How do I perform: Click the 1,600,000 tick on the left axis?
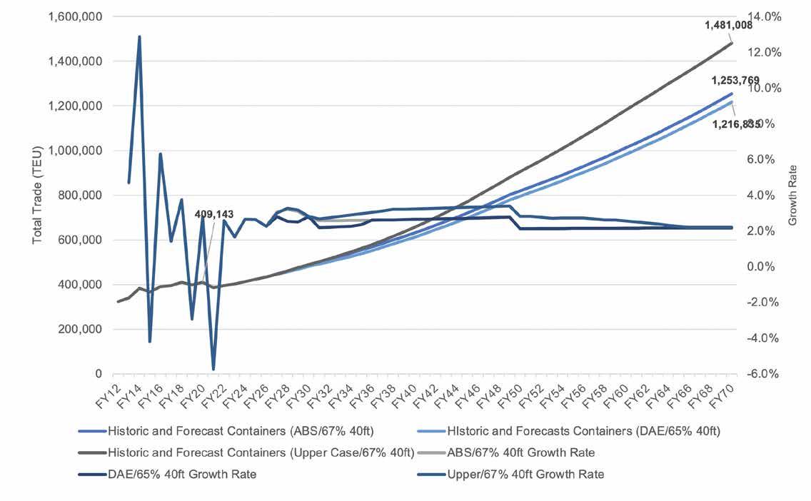[74, 16]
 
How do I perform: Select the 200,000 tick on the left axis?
[80, 329]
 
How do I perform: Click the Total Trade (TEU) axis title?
[37, 195]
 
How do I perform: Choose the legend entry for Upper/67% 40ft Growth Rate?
[525, 475]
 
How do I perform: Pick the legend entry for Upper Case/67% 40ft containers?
[261, 452]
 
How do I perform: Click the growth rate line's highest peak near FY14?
[139, 36]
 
